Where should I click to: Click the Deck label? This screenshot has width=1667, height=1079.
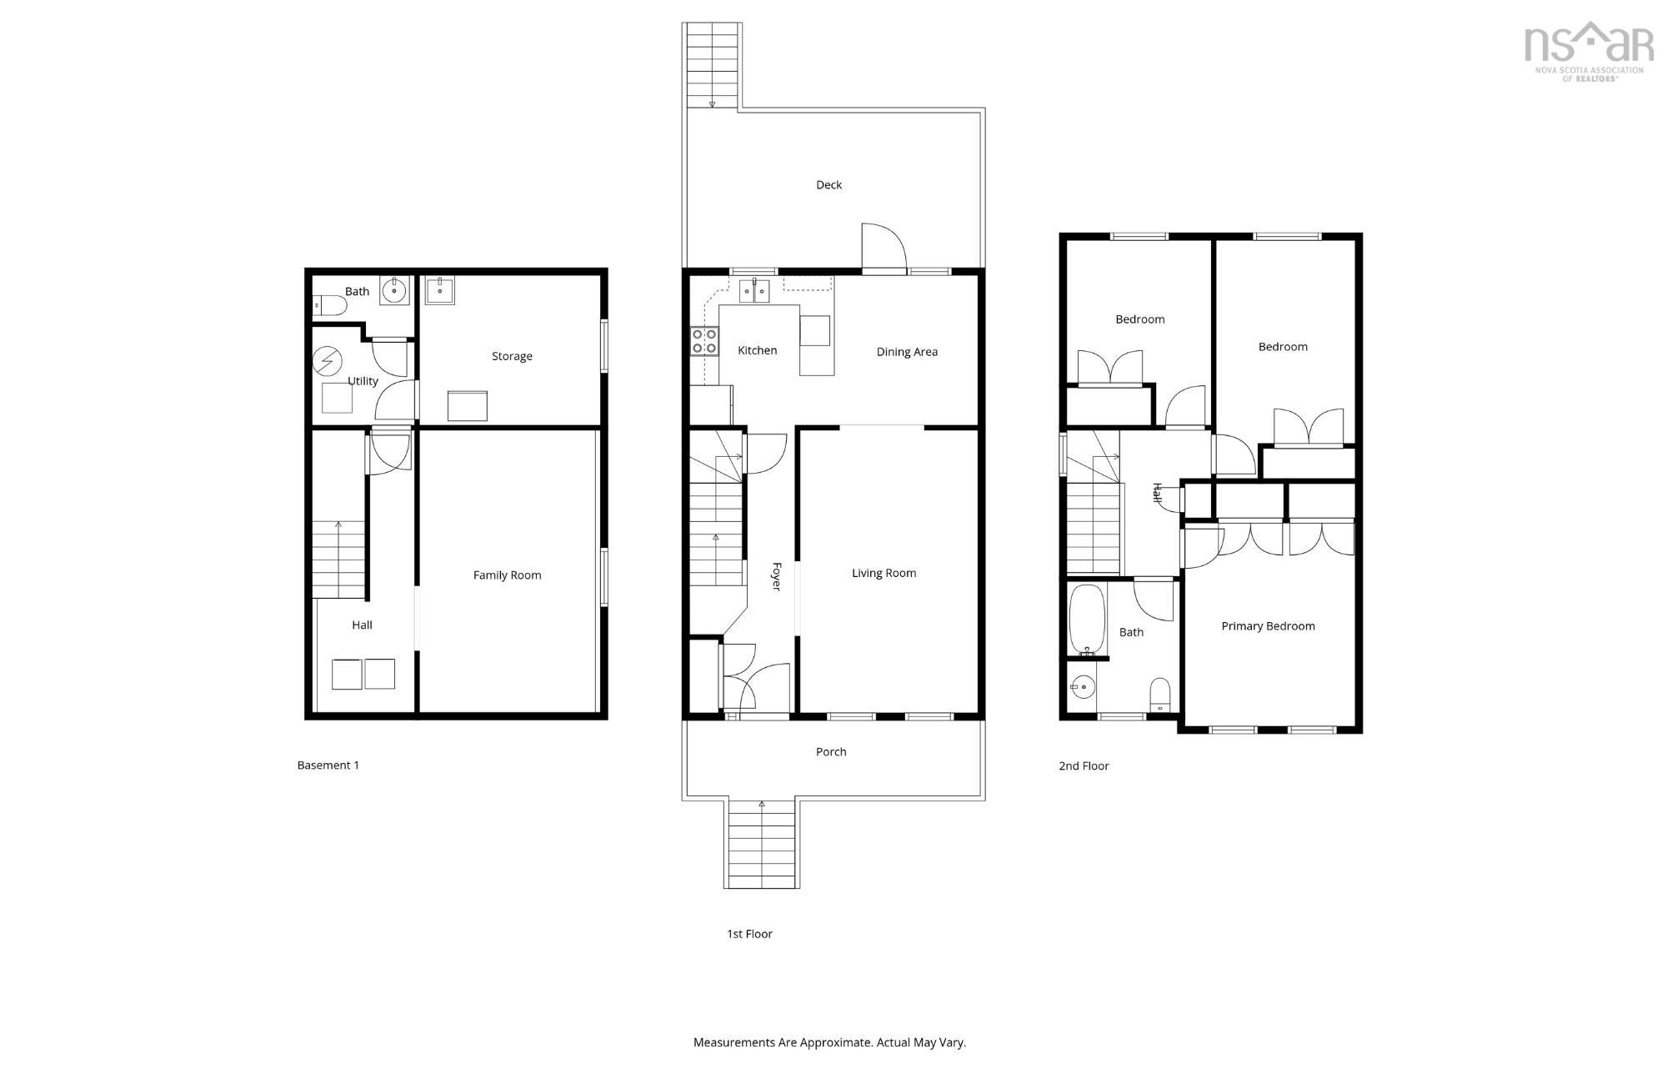pos(828,185)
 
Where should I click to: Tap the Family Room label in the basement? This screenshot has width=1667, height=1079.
pos(507,575)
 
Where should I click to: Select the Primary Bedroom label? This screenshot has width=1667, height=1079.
pos(1268,626)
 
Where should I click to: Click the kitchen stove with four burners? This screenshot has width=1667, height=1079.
pos(704,342)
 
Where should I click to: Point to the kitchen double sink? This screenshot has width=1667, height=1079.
pos(755,292)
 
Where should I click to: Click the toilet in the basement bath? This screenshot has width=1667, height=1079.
pos(330,308)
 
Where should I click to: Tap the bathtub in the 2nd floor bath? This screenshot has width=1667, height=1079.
pos(1087,620)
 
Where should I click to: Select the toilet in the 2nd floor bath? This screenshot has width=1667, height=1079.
pos(1160,694)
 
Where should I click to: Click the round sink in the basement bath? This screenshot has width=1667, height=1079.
pos(394,291)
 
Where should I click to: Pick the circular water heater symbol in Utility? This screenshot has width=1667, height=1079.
pos(327,361)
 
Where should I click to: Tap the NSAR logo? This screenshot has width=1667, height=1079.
pos(1589,50)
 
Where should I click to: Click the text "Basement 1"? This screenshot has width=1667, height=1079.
pos(328,765)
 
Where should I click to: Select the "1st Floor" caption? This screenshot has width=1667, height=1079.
pos(749,934)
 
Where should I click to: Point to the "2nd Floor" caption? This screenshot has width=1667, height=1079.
pos(1084,766)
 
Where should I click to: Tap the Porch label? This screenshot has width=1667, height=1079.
pos(831,752)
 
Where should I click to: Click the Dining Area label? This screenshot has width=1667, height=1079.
pos(907,352)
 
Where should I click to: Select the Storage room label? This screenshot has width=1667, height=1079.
pos(512,356)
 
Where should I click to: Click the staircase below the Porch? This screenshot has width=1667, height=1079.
pos(762,844)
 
